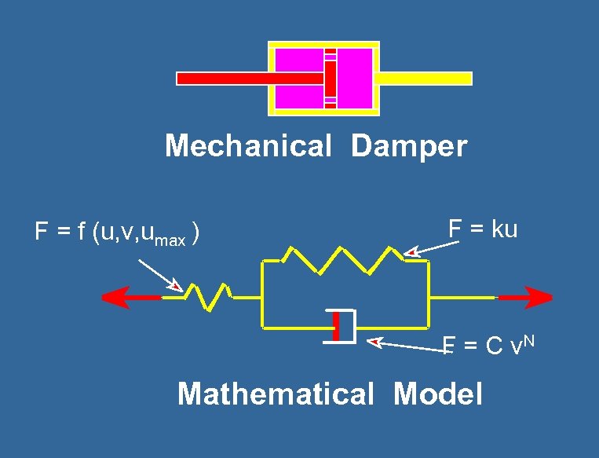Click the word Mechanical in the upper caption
pyautogui.click(x=248, y=146)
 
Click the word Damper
pyautogui.click(x=409, y=146)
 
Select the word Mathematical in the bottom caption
pyautogui.click(x=276, y=394)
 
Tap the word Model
pyautogui.click(x=437, y=394)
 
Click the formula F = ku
pyautogui.click(x=483, y=229)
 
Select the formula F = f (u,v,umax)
pyautogui.click(x=116, y=233)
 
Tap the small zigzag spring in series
pyautogui.click(x=206, y=296)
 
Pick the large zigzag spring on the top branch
pyautogui.click(x=343, y=259)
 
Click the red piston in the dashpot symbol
pyautogui.click(x=336, y=326)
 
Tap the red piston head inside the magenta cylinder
pyautogui.click(x=331, y=79)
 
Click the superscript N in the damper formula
pyautogui.click(x=529, y=339)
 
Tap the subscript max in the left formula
pyautogui.click(x=170, y=240)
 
